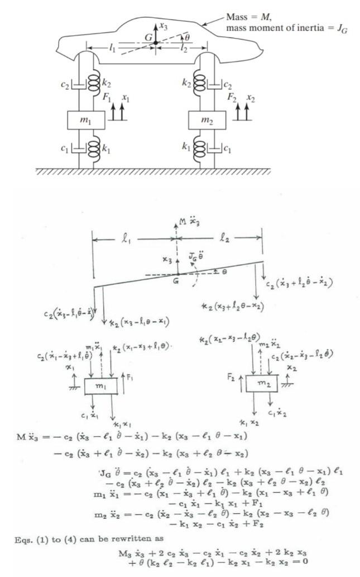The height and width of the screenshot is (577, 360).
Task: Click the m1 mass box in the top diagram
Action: click(89, 120)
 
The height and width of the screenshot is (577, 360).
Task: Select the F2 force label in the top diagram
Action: click(229, 96)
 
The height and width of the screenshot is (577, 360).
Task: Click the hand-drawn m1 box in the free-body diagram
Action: click(100, 388)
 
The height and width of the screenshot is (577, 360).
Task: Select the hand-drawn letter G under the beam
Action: click(175, 282)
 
